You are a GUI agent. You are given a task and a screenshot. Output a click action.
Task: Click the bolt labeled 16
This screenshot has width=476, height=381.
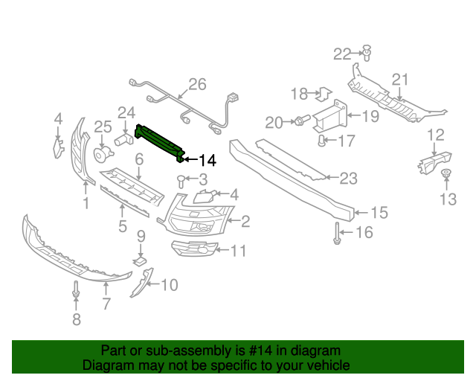[337, 233]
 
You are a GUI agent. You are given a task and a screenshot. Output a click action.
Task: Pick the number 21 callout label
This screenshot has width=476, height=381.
[401, 80]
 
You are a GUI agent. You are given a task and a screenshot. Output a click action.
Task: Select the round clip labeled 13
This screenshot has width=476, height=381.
[446, 175]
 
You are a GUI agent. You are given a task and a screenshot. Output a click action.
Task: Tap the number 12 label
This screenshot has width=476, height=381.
[436, 135]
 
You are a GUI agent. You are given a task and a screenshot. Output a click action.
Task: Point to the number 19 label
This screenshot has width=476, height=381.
[370, 115]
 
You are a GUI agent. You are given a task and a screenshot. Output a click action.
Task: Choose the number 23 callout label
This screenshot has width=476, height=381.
[348, 179]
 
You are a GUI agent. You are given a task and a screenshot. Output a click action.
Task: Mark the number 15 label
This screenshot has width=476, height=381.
[379, 213]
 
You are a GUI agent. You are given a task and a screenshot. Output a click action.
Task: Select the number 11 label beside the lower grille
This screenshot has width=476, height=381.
[237, 251]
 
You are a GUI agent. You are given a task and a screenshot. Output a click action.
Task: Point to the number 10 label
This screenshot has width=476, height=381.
[169, 284]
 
